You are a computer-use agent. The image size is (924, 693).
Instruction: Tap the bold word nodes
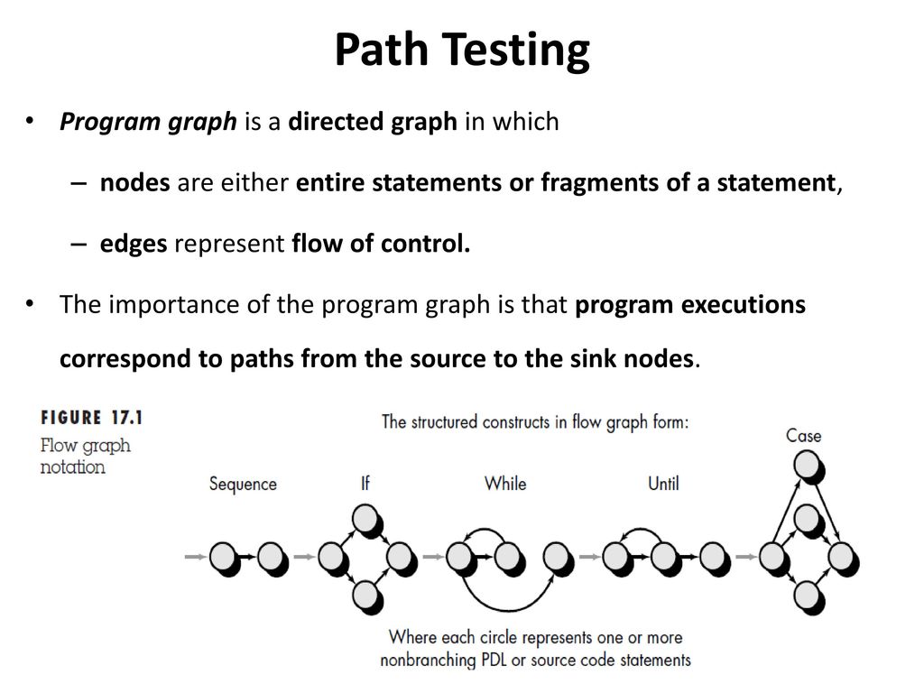click(135, 182)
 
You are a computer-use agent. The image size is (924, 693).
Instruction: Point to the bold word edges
click(134, 244)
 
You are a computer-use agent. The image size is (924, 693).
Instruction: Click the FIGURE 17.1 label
click(92, 418)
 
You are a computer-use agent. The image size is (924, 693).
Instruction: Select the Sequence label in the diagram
click(243, 485)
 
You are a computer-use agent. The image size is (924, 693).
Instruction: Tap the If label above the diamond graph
click(365, 484)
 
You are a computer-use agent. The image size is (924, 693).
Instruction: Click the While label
click(505, 484)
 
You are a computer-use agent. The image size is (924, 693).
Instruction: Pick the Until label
click(663, 484)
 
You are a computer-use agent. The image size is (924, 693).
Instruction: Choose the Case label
click(803, 436)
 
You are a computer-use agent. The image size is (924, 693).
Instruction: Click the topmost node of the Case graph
click(808, 467)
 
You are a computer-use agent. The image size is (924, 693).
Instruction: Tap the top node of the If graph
click(367, 521)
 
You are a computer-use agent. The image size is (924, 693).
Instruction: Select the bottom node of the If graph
click(367, 596)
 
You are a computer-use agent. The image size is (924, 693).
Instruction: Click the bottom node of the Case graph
click(808, 597)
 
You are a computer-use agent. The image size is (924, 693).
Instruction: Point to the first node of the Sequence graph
click(225, 559)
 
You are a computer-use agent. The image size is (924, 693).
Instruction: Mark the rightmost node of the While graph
click(558, 559)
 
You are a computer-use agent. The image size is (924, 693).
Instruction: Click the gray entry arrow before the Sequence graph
click(195, 556)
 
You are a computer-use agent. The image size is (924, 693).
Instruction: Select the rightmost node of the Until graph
click(715, 559)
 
